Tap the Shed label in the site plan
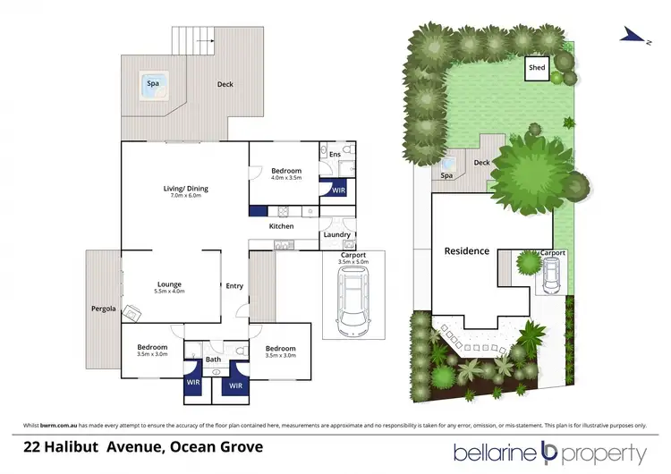(x=537, y=68)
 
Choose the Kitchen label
(x=282, y=226)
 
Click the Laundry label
(x=336, y=234)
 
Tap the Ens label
(x=335, y=156)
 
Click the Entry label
(x=234, y=286)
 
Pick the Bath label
(x=213, y=360)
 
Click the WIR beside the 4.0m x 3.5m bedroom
(x=338, y=190)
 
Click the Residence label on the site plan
(x=467, y=251)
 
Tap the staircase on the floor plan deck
(x=195, y=39)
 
